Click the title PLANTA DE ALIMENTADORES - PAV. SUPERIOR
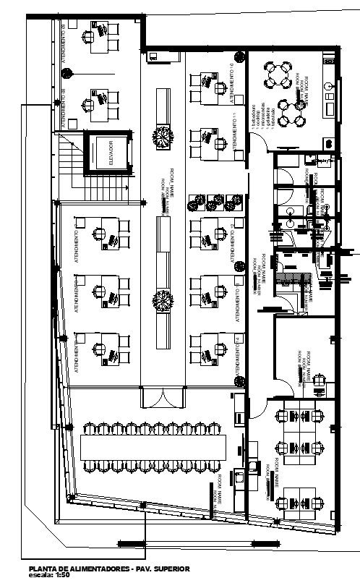106,569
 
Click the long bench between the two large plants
163,217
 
